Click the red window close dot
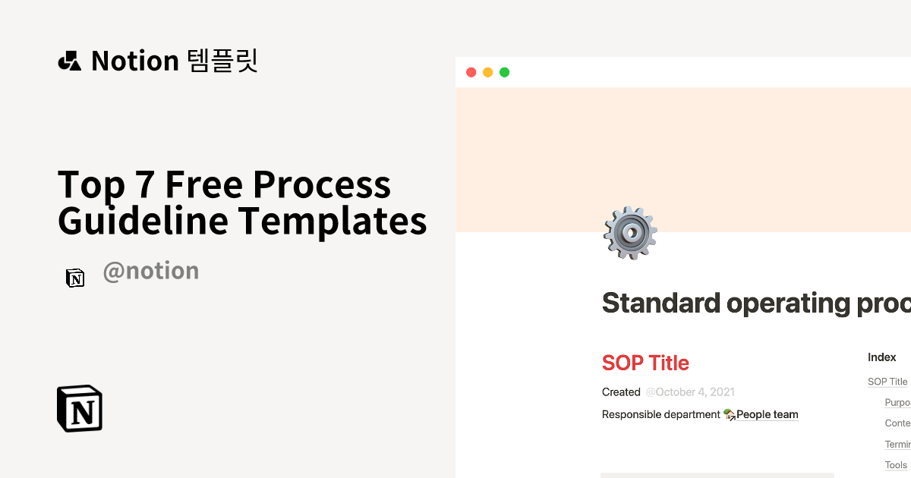[x=471, y=73]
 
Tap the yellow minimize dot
[x=487, y=73]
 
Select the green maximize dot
[x=504, y=73]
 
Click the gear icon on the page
[x=629, y=233]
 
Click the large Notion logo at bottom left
[x=80, y=409]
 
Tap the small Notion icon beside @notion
[x=75, y=278]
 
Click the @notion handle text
[x=150, y=271]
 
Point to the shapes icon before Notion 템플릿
[x=69, y=61]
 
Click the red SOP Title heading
[x=645, y=363]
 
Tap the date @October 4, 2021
[x=690, y=392]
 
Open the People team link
[x=767, y=414]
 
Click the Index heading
[x=882, y=357]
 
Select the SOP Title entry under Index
[x=887, y=382]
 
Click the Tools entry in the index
[x=896, y=465]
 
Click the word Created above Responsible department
[x=621, y=392]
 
